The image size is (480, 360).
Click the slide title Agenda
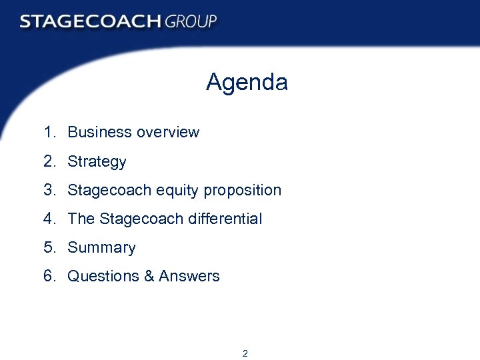click(247, 83)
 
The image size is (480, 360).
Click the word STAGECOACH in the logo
click(90, 21)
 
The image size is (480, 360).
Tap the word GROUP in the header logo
click(191, 21)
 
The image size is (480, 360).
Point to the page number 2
click(245, 353)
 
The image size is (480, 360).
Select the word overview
click(168, 132)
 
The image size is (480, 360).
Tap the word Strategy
click(97, 162)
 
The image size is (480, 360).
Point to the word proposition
click(243, 191)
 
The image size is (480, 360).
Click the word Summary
click(101, 248)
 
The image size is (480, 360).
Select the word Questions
click(103, 276)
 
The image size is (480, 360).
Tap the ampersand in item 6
click(149, 276)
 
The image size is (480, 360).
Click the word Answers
click(189, 276)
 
